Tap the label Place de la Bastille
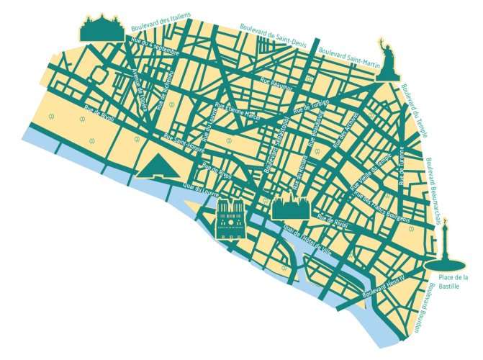pyautogui.click(x=454, y=282)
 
